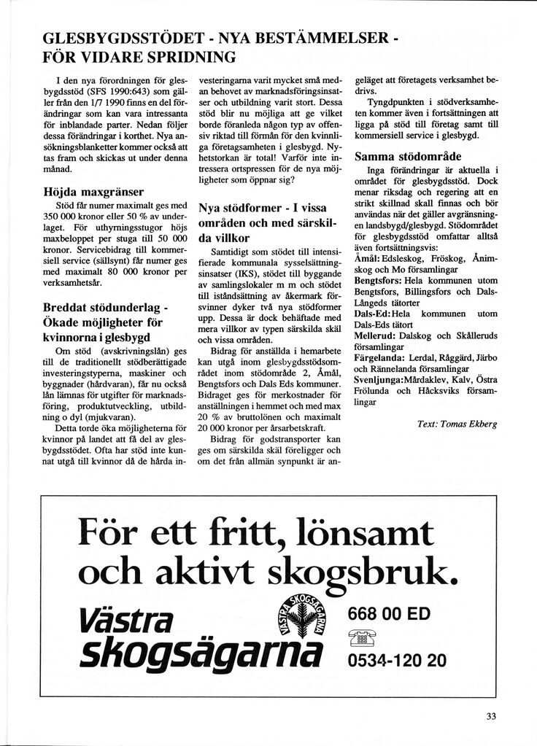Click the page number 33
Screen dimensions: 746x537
pyautogui.click(x=491, y=716)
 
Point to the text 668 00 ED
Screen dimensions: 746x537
pyautogui.click(x=389, y=614)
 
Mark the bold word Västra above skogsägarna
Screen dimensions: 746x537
pyautogui.click(x=125, y=620)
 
